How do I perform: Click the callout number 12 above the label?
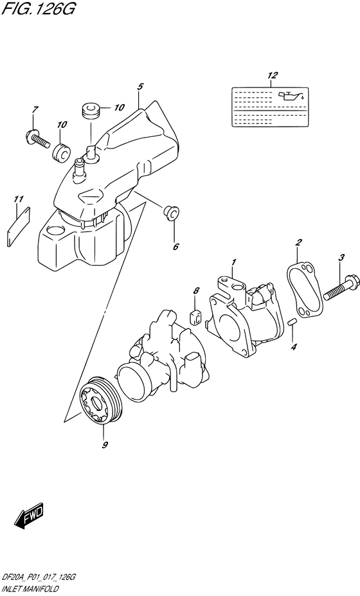click(x=273, y=76)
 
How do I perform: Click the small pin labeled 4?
click(x=291, y=321)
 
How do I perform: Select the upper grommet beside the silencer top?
click(x=89, y=109)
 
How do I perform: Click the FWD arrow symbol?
click(x=29, y=516)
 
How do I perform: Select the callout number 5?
click(x=139, y=86)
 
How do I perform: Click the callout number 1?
click(x=234, y=262)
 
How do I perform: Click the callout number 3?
click(x=341, y=257)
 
